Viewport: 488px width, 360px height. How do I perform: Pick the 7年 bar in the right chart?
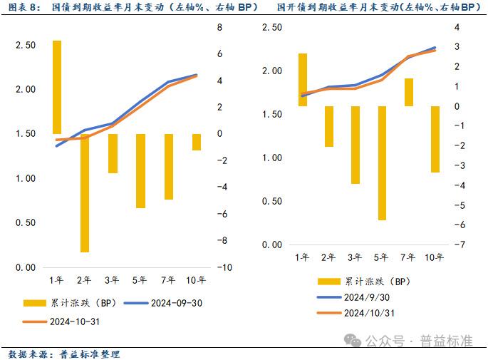tap(409, 92)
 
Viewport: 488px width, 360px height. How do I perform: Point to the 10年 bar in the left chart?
tap(197, 142)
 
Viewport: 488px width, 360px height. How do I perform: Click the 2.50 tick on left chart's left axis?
tap(26, 45)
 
